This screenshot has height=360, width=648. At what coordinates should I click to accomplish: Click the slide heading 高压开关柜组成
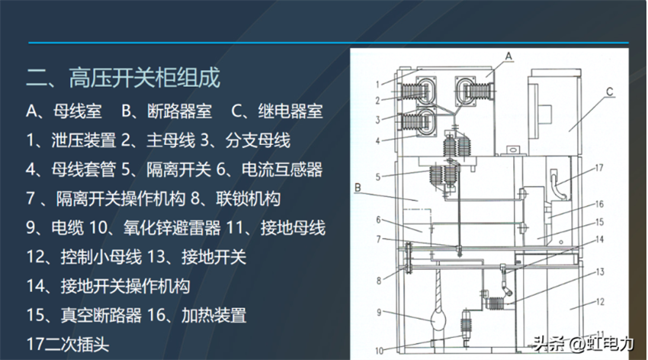tap(145, 78)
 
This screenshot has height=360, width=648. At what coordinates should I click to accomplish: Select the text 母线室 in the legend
tap(77, 111)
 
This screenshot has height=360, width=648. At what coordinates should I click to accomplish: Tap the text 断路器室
tap(180, 111)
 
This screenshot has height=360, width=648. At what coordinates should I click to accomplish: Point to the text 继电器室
tap(290, 111)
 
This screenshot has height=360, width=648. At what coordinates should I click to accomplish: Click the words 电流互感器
tap(282, 169)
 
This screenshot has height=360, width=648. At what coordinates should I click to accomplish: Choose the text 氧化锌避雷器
tap(172, 228)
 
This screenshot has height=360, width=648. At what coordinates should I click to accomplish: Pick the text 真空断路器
tap(101, 315)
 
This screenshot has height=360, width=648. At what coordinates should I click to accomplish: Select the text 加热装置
tap(213, 315)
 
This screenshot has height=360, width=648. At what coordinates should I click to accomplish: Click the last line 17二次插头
tap(68, 344)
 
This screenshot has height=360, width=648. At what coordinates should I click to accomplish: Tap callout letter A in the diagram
tap(508, 56)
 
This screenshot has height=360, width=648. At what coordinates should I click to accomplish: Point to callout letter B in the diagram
tap(358, 188)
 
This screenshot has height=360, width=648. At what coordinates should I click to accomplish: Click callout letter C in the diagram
tap(610, 92)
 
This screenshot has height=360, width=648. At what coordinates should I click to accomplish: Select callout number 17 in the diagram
tap(598, 168)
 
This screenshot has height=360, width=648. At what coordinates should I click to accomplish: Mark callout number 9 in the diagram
tap(379, 313)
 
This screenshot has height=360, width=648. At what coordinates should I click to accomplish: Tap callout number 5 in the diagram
tap(377, 177)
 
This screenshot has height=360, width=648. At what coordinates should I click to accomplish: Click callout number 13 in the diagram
tap(600, 272)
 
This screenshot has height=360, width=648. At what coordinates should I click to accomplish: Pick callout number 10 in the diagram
tap(380, 352)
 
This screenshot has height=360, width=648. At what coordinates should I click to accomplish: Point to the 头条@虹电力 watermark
tap(583, 343)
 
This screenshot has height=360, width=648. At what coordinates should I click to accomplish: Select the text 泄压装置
tap(84, 140)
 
